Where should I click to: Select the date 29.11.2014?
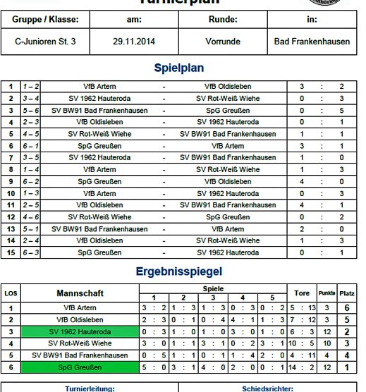pyautogui.click(x=133, y=42)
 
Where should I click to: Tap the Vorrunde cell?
pyautogui.click(x=222, y=42)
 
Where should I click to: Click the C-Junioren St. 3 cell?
pyautogui.click(x=45, y=42)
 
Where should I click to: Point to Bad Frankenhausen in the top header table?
pyautogui.click(x=312, y=42)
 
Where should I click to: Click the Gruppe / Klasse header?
pyautogui.click(x=45, y=20)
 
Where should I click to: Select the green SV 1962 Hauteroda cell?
pyautogui.click(x=90, y=331)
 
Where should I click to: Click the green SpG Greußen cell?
pyautogui.click(x=90, y=367)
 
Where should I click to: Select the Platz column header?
pyautogui.click(x=347, y=293)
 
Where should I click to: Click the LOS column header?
pyautogui.click(x=11, y=293)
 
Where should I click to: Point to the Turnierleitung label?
pyautogui.click(x=90, y=388)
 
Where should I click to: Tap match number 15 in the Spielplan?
pyautogui.click(x=11, y=253)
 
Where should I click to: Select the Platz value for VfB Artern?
pyautogui.click(x=347, y=308)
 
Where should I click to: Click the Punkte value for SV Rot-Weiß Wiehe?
pyautogui.click(x=327, y=343)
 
